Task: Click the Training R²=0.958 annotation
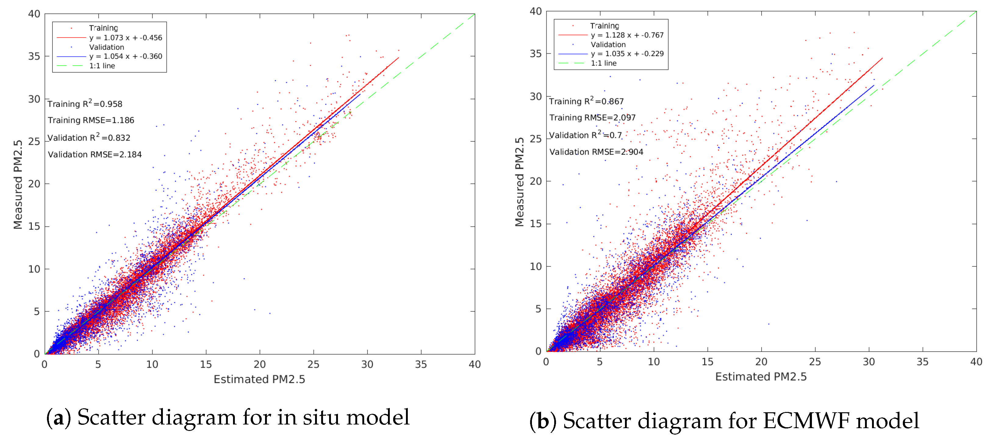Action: [85, 104]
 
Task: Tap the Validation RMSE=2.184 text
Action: [95, 154]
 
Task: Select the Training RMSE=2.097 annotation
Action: [592, 118]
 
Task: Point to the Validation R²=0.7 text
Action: [585, 135]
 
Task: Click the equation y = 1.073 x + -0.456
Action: [126, 38]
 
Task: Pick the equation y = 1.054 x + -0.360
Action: [126, 56]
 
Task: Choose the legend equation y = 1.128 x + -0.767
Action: [627, 35]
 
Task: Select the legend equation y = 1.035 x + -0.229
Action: [627, 54]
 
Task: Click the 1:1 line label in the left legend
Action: [102, 66]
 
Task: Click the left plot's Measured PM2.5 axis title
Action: [18, 184]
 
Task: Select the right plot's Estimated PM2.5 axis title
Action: [761, 377]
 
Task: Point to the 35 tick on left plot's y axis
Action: [34, 56]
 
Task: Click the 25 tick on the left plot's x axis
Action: [314, 364]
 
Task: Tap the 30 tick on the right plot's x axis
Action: [869, 362]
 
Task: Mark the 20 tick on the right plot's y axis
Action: [536, 181]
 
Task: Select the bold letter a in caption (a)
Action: [59, 418]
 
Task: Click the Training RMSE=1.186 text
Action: [91, 120]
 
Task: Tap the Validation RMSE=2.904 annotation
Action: [596, 152]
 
